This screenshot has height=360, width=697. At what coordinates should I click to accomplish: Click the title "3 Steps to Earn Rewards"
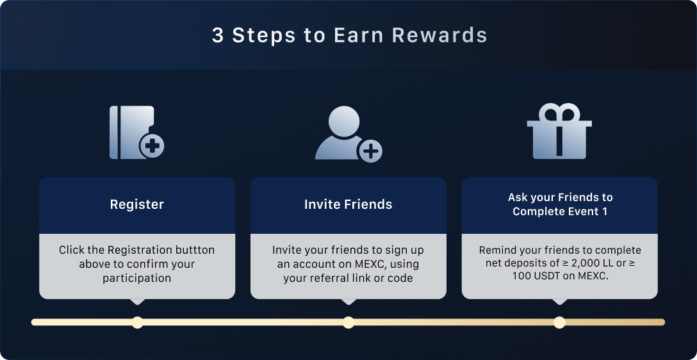click(349, 36)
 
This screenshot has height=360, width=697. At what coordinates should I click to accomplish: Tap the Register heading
click(137, 204)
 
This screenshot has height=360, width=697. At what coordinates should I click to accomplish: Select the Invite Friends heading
click(348, 204)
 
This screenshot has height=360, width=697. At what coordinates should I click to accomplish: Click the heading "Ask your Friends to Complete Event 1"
click(560, 204)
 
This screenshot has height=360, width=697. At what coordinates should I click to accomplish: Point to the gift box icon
click(559, 131)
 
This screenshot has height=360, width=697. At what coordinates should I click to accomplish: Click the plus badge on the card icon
click(152, 146)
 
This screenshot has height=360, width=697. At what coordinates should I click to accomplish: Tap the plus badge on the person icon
click(370, 151)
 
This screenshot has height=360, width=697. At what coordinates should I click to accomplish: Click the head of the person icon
click(344, 120)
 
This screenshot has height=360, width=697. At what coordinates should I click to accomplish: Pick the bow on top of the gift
click(559, 111)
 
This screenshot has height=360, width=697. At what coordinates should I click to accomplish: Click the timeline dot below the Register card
click(137, 322)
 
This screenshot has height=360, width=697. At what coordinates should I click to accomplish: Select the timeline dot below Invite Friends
click(348, 322)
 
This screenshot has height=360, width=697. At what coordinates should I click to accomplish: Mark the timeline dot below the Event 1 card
click(559, 322)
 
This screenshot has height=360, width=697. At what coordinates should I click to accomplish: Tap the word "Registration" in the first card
click(140, 250)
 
